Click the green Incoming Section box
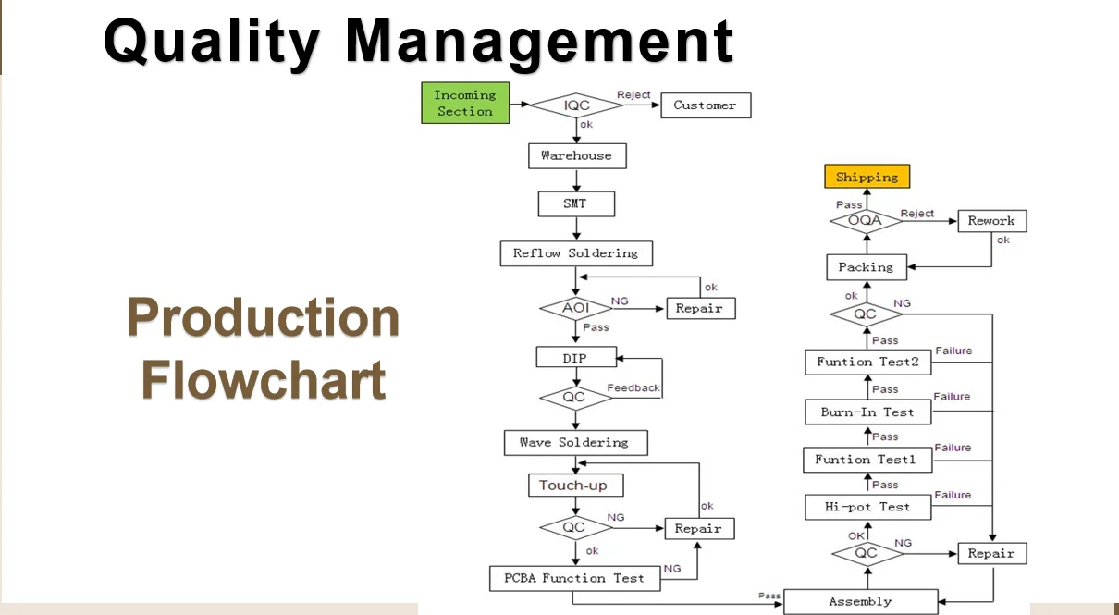click(x=465, y=103)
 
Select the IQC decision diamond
click(x=576, y=105)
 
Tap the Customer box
click(x=705, y=105)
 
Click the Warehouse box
click(x=576, y=155)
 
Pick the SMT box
click(x=575, y=203)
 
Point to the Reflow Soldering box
click(x=575, y=253)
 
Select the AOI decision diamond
click(x=575, y=308)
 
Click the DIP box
click(x=575, y=358)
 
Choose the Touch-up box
click(x=574, y=486)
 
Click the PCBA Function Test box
click(x=574, y=578)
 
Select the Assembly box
click(x=860, y=601)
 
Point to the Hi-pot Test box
click(x=867, y=507)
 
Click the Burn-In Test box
click(x=867, y=412)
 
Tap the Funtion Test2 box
click(x=867, y=362)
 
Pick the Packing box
click(x=866, y=267)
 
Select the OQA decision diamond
click(x=866, y=221)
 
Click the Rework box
click(x=991, y=221)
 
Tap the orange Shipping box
click(x=867, y=177)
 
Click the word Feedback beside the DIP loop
click(x=633, y=387)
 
